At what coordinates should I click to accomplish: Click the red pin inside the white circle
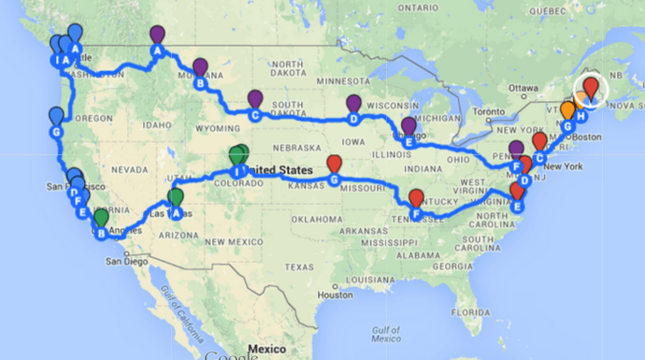[590, 88]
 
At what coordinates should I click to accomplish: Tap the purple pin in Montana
[200, 67]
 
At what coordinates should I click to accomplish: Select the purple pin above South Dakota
[255, 98]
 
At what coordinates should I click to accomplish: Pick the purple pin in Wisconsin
[353, 103]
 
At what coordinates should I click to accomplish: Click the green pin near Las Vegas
[175, 198]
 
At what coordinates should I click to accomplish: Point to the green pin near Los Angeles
[101, 219]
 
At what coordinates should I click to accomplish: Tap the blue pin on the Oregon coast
[56, 116]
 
